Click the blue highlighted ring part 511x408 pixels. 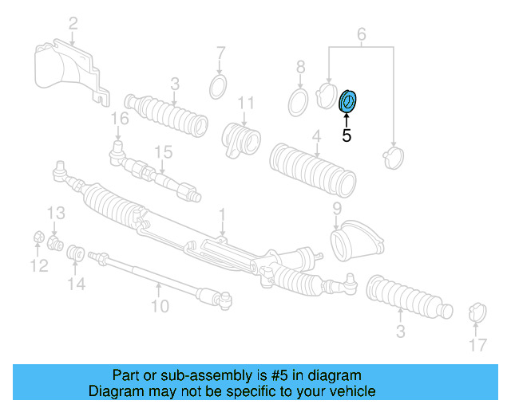[348, 101]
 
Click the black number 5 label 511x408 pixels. [347, 136]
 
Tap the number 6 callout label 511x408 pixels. [361, 34]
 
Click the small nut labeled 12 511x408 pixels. [38, 237]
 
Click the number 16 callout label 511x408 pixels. [119, 120]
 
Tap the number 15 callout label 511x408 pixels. [163, 151]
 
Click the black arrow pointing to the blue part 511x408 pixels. [347, 120]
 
